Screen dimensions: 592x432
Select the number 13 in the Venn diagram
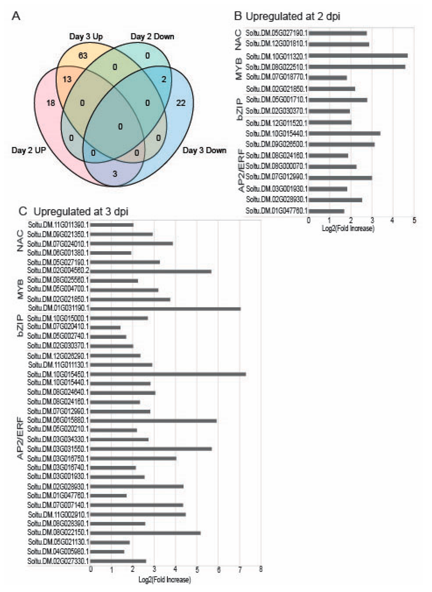(67, 79)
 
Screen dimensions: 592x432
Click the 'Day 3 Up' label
(86, 36)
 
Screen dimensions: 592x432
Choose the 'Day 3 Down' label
(204, 150)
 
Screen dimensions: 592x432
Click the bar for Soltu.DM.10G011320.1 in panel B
(358, 56)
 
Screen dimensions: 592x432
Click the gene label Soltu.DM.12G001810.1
(276, 44)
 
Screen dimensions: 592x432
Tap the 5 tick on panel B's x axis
(414, 220)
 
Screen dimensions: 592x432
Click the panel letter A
(16, 16)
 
